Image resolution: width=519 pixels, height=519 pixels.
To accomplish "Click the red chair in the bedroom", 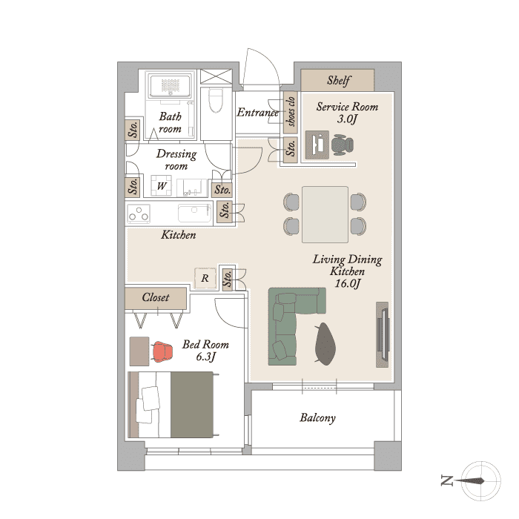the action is pyautogui.click(x=162, y=351).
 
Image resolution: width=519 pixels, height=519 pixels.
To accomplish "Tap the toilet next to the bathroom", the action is pyautogui.click(x=216, y=100).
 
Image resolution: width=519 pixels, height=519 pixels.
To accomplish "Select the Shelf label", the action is pyautogui.click(x=339, y=80).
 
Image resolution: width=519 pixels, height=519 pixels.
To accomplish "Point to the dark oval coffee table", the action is pyautogui.click(x=325, y=344).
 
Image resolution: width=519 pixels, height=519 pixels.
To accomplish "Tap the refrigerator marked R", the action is pyautogui.click(x=205, y=278).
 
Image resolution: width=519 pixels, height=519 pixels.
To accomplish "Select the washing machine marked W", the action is pyautogui.click(x=161, y=185).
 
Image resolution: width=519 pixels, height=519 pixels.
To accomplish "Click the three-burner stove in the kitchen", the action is pyautogui.click(x=139, y=214).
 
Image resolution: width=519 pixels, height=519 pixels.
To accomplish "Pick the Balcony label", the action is pyautogui.click(x=317, y=417).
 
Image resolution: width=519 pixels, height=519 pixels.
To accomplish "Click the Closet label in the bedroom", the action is pyautogui.click(x=155, y=297).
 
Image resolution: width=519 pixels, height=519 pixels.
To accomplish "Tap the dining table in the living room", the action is pyautogui.click(x=325, y=214).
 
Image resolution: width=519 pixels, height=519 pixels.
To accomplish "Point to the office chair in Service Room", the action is pyautogui.click(x=343, y=145).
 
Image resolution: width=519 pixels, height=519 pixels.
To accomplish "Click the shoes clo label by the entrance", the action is pyautogui.click(x=291, y=111).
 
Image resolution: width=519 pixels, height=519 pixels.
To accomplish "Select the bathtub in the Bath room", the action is pyautogui.click(x=170, y=86).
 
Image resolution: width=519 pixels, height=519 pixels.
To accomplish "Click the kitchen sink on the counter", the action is pyautogui.click(x=194, y=214).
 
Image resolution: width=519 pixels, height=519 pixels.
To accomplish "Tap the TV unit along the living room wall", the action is pyautogui.click(x=383, y=334).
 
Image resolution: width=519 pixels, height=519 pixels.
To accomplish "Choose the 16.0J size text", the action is pyautogui.click(x=348, y=284).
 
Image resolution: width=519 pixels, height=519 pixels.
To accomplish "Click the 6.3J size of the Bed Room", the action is pyautogui.click(x=205, y=357).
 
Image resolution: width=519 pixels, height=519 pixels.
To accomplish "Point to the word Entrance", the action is pyautogui.click(x=257, y=113).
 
